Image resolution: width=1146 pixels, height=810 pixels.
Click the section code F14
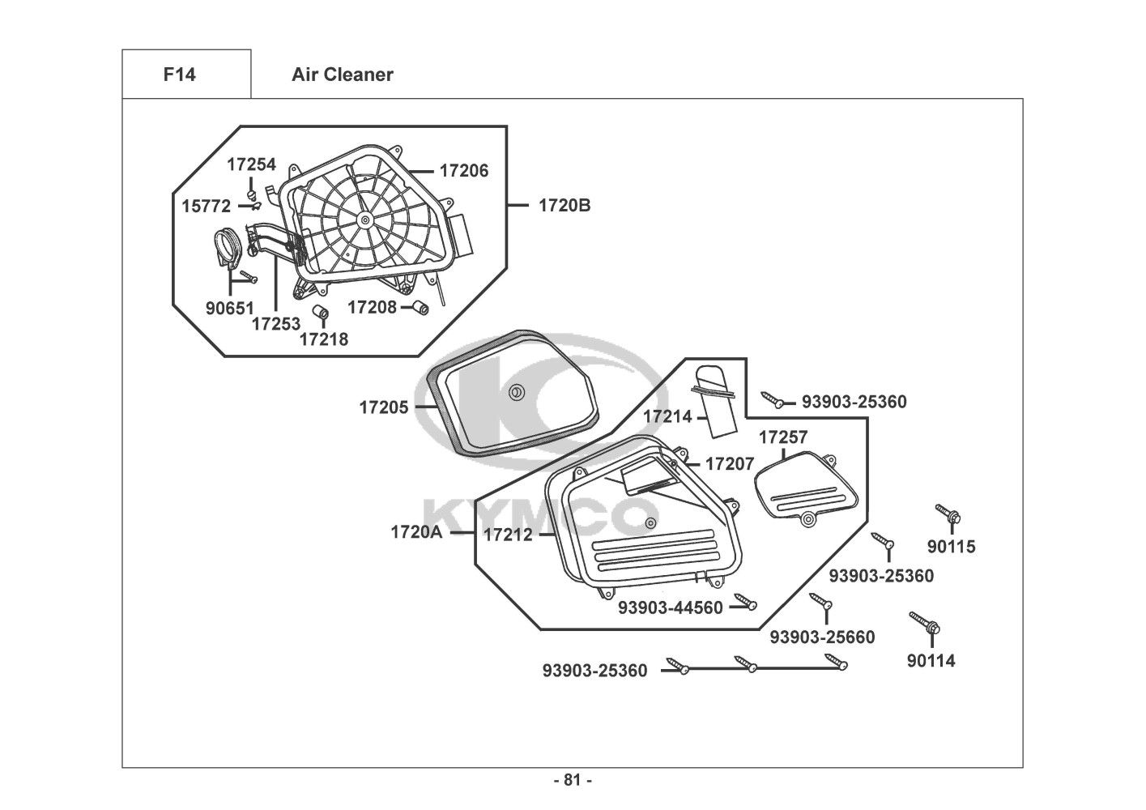click(x=179, y=75)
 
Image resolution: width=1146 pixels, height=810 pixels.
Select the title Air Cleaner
click(x=343, y=75)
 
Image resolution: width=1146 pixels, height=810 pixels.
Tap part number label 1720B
click(x=564, y=205)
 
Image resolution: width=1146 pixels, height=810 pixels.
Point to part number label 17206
click(x=464, y=171)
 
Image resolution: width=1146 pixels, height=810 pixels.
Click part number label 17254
click(x=251, y=164)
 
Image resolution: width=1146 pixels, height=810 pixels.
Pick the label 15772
click(x=206, y=206)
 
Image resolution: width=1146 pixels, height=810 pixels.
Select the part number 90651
click(x=230, y=308)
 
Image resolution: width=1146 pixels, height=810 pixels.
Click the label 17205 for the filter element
click(x=384, y=407)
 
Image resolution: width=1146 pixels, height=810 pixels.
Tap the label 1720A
click(x=415, y=532)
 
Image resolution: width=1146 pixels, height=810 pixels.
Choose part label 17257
click(x=783, y=437)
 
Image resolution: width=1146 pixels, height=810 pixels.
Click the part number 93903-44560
click(x=670, y=607)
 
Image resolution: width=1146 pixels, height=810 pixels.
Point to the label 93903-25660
click(x=822, y=637)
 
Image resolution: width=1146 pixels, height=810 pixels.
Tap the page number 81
click(x=573, y=780)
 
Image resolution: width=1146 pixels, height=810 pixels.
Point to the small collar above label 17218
click(x=322, y=313)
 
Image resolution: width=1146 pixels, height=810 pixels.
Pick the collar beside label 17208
click(x=420, y=307)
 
